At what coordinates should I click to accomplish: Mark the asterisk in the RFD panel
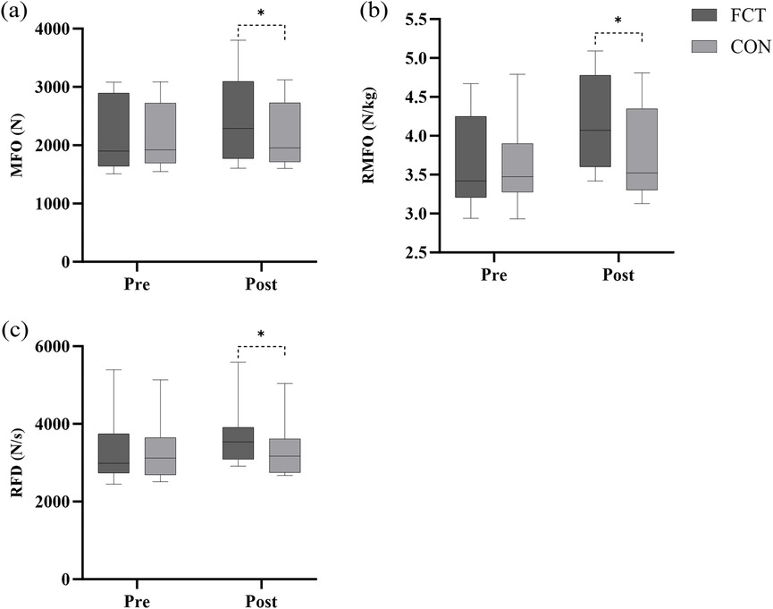[x=260, y=335]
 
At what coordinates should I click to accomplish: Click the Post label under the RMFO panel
[x=618, y=275]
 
